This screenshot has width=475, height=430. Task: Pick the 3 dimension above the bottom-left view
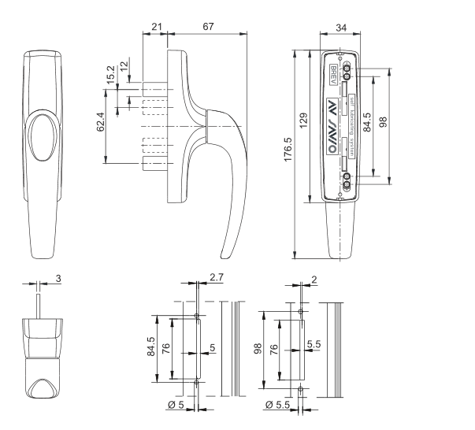(x=60, y=279)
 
